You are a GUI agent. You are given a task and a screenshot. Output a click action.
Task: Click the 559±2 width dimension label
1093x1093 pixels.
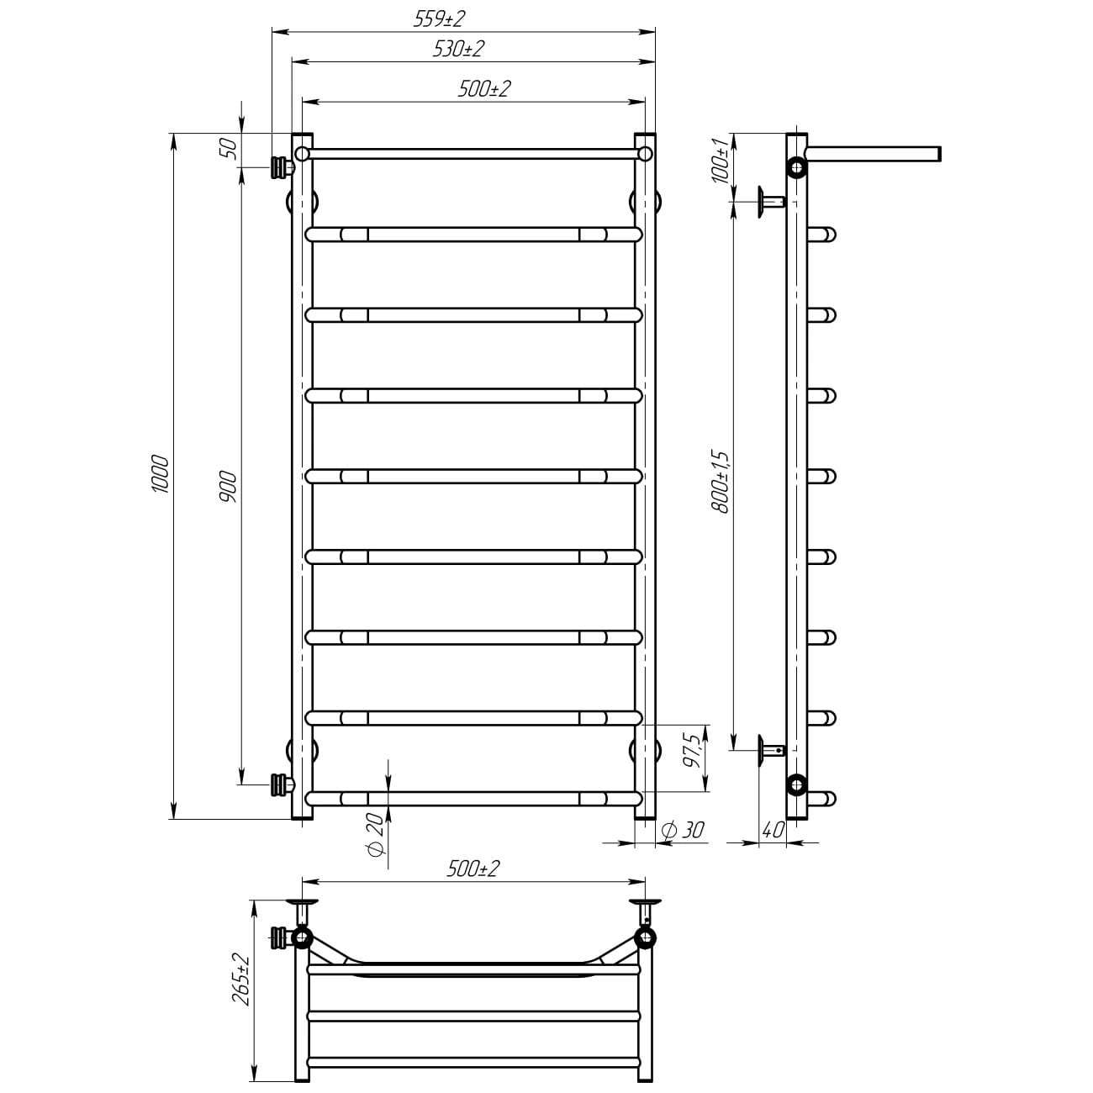439,18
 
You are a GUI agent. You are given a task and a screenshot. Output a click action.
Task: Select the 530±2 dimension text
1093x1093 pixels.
458,49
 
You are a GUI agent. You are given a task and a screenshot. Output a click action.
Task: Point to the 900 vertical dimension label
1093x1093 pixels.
228,487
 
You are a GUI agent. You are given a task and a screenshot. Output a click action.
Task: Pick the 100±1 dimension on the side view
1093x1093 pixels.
719,161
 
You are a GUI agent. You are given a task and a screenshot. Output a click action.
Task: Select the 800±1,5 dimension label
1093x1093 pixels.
720,482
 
